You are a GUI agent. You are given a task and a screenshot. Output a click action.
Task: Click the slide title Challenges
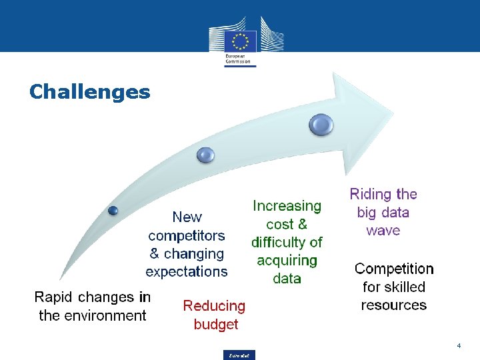90,91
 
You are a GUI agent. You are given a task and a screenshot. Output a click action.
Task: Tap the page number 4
459,346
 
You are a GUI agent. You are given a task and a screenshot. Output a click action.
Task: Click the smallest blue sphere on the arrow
113,211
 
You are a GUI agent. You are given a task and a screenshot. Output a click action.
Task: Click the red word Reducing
214,306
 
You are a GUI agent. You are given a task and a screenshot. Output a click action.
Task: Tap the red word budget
215,325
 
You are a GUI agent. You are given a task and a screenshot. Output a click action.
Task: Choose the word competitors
187,236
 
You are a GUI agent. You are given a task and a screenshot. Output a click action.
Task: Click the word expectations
187,271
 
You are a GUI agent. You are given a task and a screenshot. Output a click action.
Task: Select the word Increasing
287,207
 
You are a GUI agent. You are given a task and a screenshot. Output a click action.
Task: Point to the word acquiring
287,261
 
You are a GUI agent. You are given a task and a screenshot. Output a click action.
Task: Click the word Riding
371,195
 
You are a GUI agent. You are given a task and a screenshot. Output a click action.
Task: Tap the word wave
383,231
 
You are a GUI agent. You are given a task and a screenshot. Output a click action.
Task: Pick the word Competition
394,269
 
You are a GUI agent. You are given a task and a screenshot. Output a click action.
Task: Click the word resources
394,305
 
